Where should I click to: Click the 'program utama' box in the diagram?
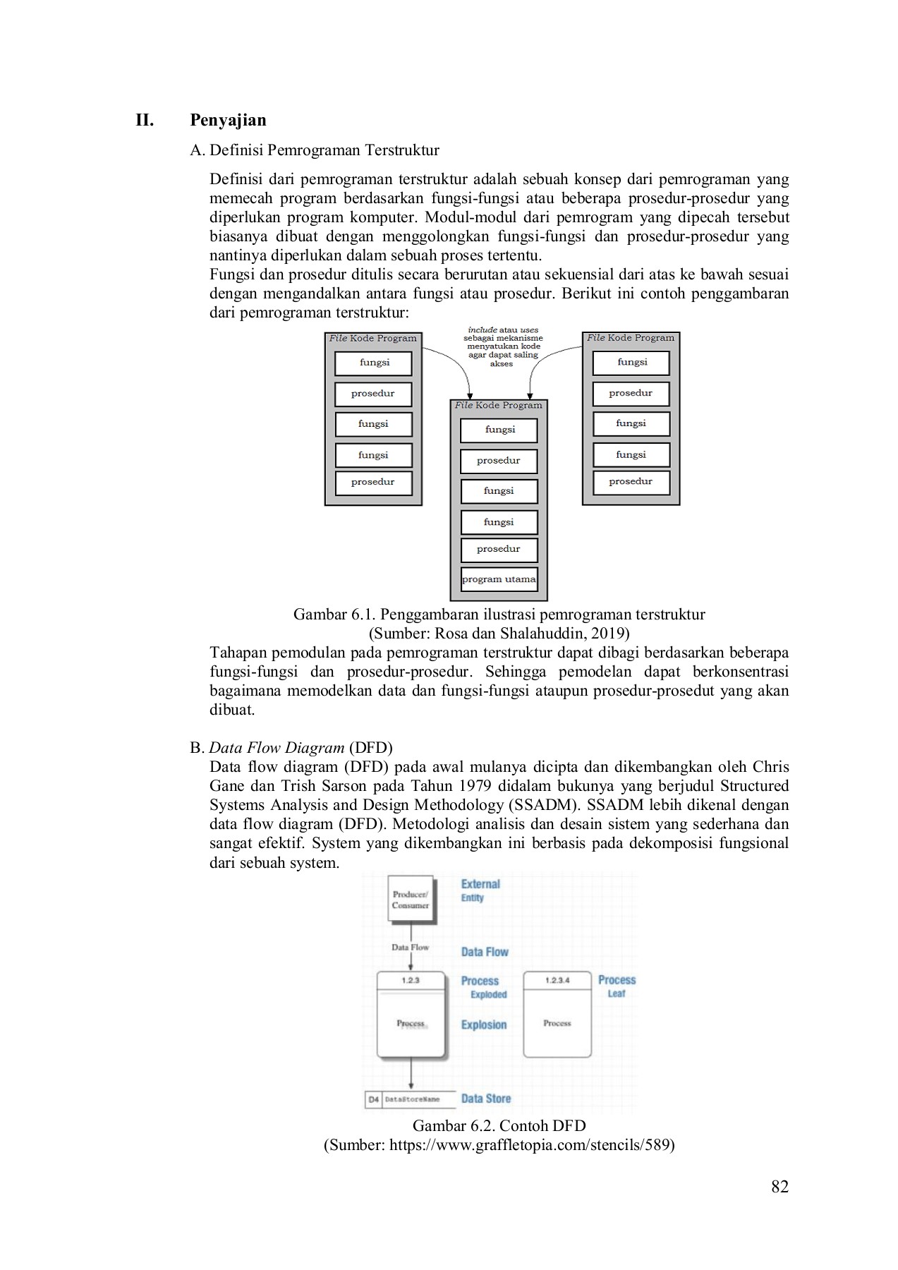(x=499, y=579)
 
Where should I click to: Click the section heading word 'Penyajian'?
(x=228, y=120)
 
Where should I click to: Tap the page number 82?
(x=779, y=1187)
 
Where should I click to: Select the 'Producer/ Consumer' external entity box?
(x=411, y=900)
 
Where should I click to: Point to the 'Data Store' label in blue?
(x=485, y=1099)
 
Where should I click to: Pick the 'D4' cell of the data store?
(x=373, y=1099)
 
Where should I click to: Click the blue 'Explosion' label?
(x=484, y=1024)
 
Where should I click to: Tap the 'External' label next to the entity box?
(x=480, y=884)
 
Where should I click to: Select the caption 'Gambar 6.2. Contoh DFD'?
(x=499, y=1125)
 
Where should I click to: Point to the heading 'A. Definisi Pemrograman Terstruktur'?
(x=315, y=150)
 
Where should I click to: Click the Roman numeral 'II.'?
(x=145, y=120)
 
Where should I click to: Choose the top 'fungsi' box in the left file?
(x=374, y=363)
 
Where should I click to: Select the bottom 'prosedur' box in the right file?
(x=631, y=482)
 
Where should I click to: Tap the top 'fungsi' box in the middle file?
(x=499, y=430)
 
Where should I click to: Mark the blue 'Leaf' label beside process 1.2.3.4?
(x=617, y=993)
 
